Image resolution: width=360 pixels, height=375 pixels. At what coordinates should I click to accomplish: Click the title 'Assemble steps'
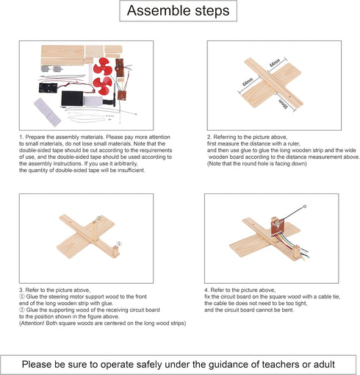[x=178, y=10]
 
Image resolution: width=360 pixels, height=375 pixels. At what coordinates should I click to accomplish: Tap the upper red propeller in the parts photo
[x=103, y=66]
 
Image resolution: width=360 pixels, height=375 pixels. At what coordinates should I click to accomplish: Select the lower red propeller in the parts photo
[x=103, y=85]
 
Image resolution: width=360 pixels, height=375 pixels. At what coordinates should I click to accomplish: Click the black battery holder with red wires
[x=48, y=87]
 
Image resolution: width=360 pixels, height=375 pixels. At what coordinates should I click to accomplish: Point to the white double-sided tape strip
[x=47, y=112]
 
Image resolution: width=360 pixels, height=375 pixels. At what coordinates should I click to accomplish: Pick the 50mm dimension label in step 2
[x=283, y=104]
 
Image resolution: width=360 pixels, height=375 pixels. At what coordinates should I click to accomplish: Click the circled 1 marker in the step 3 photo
[x=119, y=243]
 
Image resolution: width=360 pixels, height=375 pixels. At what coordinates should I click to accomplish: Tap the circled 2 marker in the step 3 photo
[x=98, y=218]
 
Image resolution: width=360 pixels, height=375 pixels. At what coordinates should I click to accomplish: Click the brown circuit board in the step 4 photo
[x=277, y=226]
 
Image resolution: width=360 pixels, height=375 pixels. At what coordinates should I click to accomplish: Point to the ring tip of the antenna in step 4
[x=305, y=207]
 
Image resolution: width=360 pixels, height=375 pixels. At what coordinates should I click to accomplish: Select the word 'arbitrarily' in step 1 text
[x=124, y=163]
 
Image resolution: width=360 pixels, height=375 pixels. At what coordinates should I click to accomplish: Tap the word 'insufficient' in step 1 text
[x=131, y=170]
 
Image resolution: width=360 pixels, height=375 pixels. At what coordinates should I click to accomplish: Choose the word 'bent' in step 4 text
[x=288, y=310]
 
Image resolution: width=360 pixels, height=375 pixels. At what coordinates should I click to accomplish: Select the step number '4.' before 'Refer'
[x=207, y=290]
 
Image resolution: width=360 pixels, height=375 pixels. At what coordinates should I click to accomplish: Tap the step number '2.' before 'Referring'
[x=209, y=137]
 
